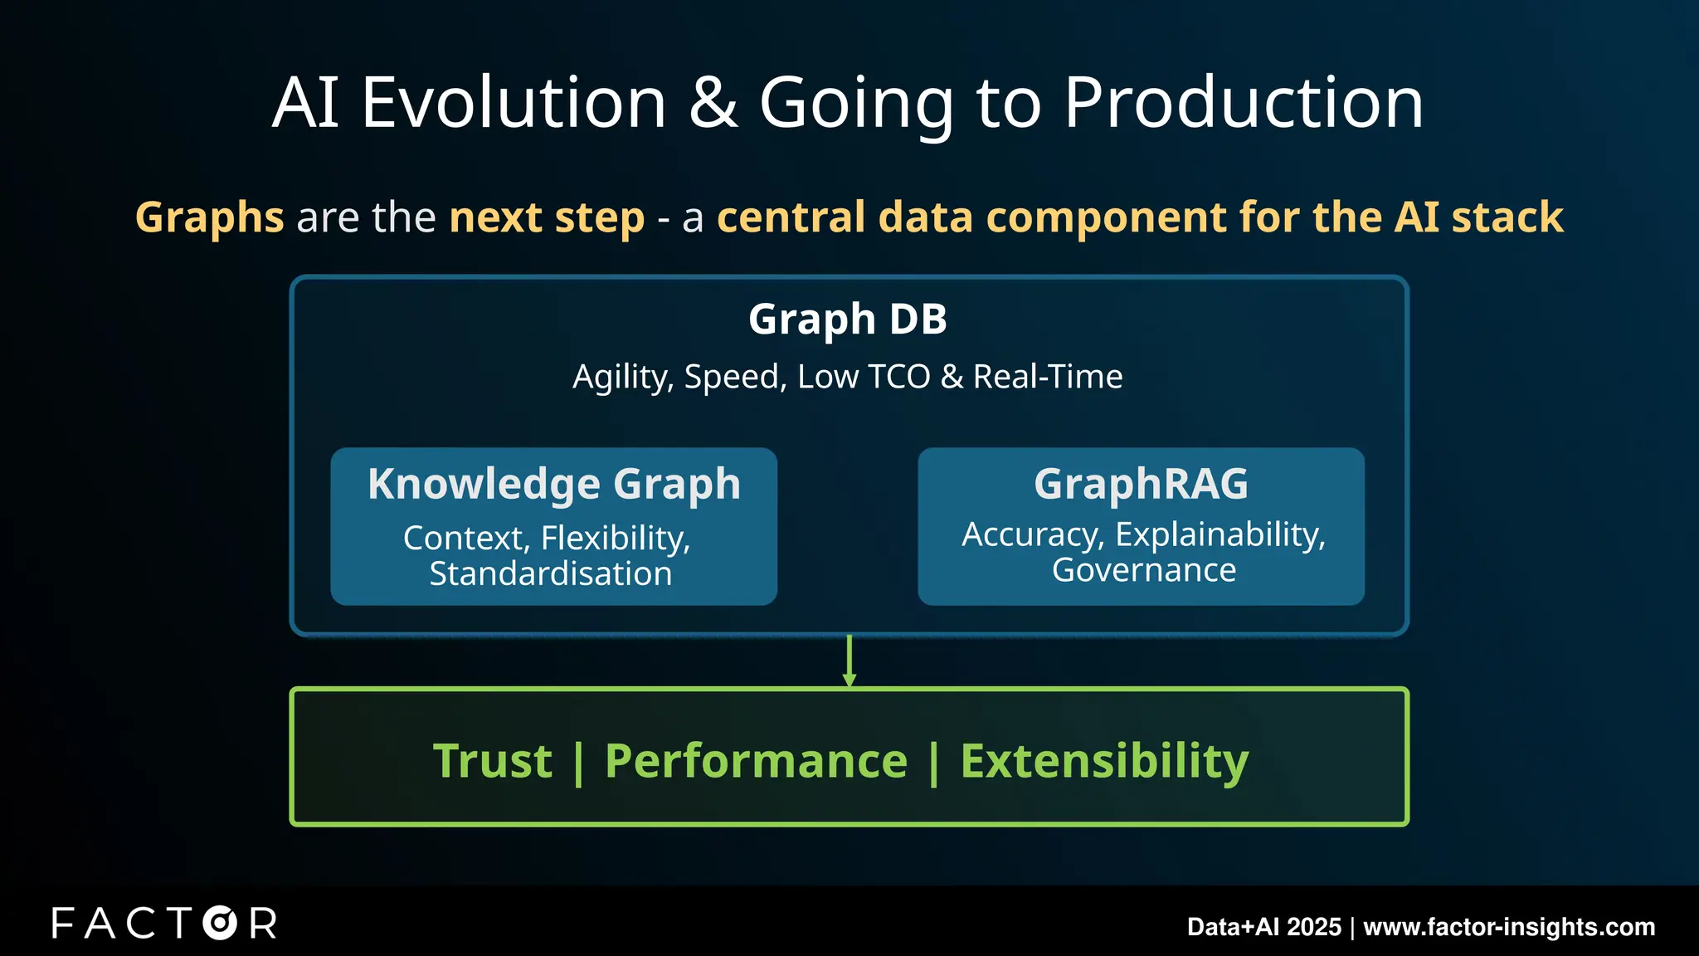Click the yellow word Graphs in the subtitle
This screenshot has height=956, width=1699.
(210, 217)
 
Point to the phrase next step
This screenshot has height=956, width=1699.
(547, 217)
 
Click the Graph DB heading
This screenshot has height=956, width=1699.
(847, 319)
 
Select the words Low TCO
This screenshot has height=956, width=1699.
(864, 377)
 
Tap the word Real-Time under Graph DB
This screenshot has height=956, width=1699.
(1048, 377)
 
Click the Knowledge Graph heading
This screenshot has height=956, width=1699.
(553, 484)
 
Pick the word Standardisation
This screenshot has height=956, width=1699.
(551, 574)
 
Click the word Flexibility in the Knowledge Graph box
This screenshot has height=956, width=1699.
(615, 538)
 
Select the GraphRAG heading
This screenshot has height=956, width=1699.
(1141, 484)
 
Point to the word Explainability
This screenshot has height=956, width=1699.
(1219, 534)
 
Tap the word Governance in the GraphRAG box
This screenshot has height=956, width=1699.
(1144, 571)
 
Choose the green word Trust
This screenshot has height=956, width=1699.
(493, 761)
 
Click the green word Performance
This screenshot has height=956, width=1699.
(756, 761)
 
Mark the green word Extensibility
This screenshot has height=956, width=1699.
(1104, 761)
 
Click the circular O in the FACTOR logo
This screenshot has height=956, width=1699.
(220, 923)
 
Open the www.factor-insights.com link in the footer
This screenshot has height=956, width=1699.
(1509, 927)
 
